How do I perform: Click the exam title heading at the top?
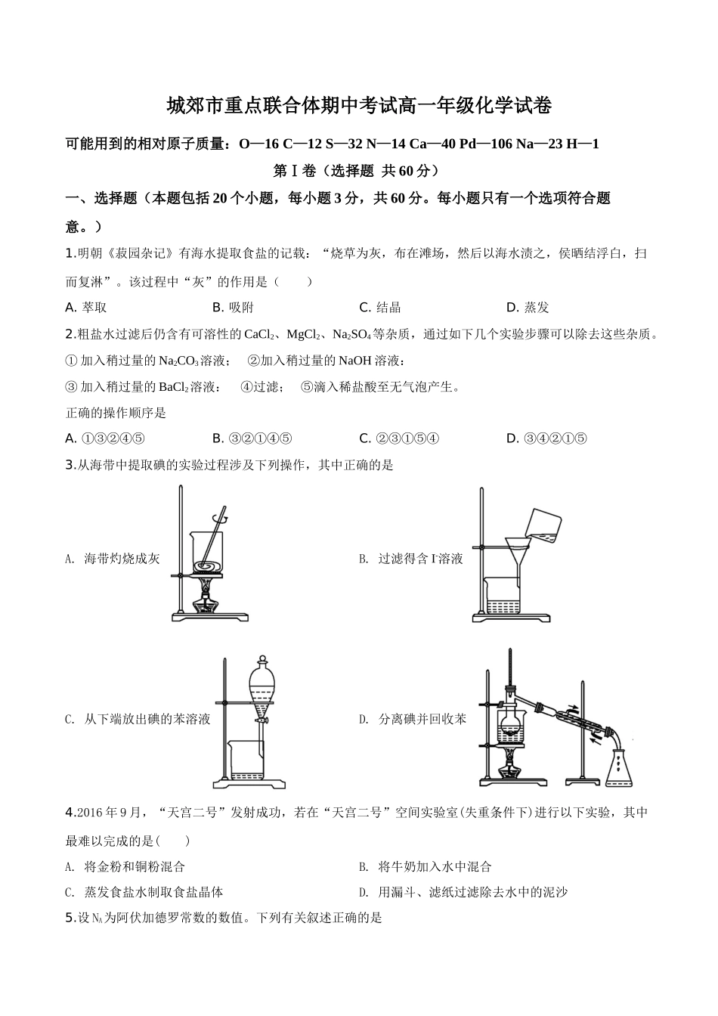358,106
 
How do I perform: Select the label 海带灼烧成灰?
121,559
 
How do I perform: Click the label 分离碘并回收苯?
422,719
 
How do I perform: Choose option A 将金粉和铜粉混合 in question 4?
125,866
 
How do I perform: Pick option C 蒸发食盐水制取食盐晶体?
144,892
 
